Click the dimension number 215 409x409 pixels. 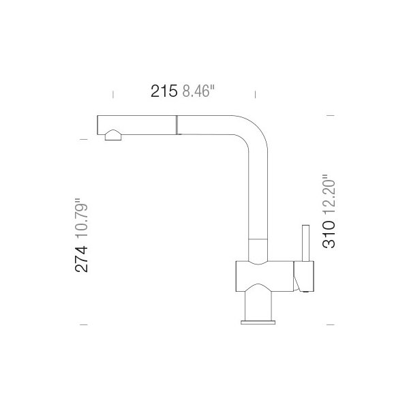[x=164, y=91]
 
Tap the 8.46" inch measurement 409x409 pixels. [x=198, y=91]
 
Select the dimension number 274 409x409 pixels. [x=81, y=259]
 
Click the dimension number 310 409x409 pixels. [x=329, y=234]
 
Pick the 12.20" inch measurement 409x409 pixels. [x=329, y=194]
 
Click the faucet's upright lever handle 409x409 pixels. [x=305, y=243]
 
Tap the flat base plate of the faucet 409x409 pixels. [x=258, y=322]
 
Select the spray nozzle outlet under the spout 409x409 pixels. [x=113, y=135]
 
